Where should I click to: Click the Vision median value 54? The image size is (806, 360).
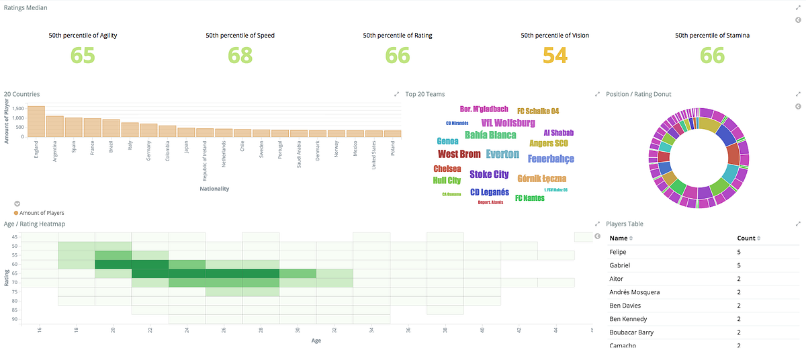tap(555, 55)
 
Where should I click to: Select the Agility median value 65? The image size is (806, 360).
tap(83, 55)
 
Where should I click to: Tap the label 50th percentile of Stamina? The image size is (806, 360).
tap(712, 35)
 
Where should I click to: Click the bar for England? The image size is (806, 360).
tap(36, 122)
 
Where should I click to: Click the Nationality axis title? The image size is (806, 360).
tap(214, 189)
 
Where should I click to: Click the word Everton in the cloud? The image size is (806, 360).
tap(502, 154)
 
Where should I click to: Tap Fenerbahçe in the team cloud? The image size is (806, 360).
tap(551, 159)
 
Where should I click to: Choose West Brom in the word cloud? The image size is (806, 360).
tap(459, 154)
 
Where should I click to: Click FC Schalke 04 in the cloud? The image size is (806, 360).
tap(538, 111)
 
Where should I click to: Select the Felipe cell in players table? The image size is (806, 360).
tap(618, 252)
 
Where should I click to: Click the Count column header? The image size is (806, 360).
tap(746, 238)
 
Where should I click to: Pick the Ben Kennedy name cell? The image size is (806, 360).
tap(628, 319)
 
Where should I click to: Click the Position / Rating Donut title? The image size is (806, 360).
tap(638, 94)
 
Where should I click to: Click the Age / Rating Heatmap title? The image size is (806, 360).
tap(34, 224)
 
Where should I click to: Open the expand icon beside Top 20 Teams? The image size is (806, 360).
tap(597, 94)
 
